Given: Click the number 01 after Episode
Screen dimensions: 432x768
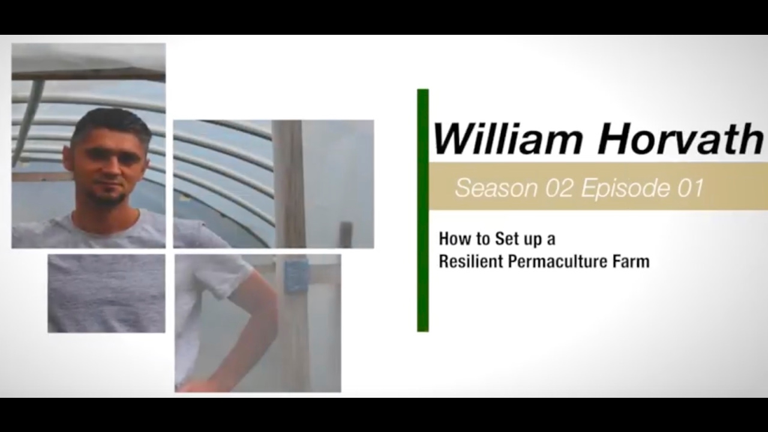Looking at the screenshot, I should pyautogui.click(x=690, y=188).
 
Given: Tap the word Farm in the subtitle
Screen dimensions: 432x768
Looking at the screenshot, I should pyautogui.click(x=634, y=262).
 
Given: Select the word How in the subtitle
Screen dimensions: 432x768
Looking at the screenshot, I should pyautogui.click(x=452, y=239).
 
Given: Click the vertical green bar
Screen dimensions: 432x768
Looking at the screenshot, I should pyautogui.click(x=422, y=210).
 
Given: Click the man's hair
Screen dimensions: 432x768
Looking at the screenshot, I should pyautogui.click(x=111, y=120).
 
